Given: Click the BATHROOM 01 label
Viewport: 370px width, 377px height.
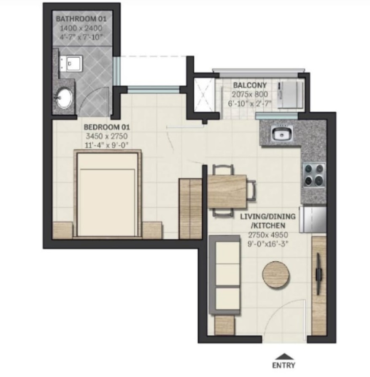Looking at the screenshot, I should point(82,19).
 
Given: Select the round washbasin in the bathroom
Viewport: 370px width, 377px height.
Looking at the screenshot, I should point(64,98).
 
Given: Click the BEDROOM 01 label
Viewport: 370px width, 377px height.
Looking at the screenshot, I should point(106,127).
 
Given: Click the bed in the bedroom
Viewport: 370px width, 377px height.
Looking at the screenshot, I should point(107,194).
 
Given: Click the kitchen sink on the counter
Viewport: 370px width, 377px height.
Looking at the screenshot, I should point(281,135).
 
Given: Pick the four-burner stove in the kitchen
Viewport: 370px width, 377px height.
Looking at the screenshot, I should point(314,175).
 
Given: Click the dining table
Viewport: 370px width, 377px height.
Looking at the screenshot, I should point(227,191).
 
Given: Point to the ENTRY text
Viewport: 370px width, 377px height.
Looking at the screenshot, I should point(284,365).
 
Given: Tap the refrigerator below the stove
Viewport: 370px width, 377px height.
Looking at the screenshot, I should point(313,219).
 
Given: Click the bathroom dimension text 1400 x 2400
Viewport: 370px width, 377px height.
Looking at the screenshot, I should point(82,28).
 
